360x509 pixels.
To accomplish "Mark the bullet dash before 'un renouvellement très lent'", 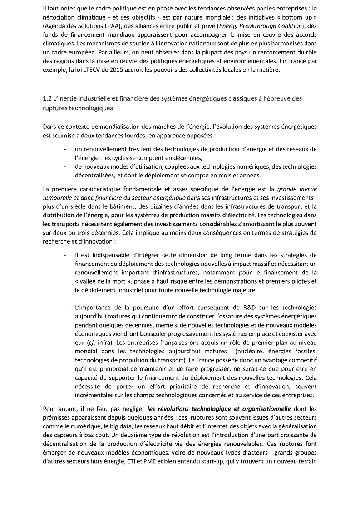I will [66, 149].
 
